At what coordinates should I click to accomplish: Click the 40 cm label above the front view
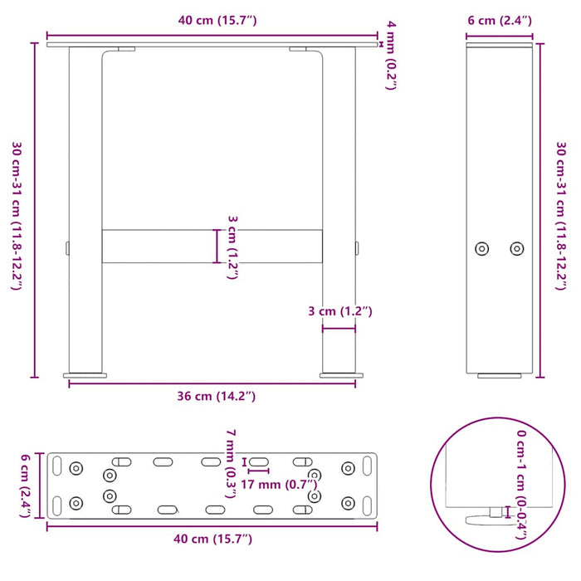tap(213, 21)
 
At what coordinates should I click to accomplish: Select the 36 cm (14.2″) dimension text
tap(213, 396)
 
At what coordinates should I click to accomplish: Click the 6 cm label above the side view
tap(499, 21)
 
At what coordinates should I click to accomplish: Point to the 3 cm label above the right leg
tap(339, 312)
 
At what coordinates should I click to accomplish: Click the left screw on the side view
tap(481, 248)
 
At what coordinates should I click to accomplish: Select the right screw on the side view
tap(517, 248)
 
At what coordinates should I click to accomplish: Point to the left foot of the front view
tap(85, 375)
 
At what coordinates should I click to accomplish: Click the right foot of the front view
tap(339, 375)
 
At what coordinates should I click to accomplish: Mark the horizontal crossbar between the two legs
tap(212, 247)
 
